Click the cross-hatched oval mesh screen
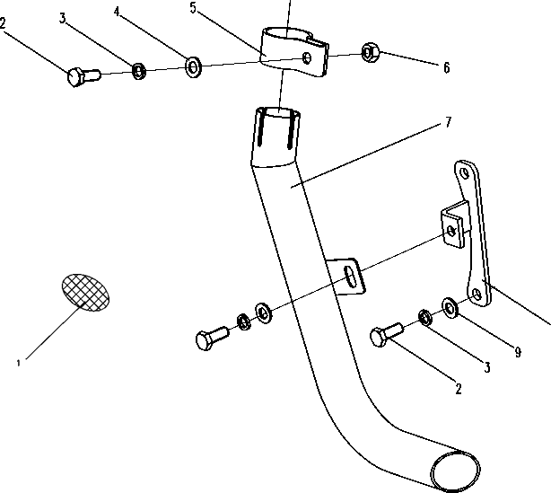[x=85, y=292]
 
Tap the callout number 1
[x=18, y=364]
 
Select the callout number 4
[x=117, y=12]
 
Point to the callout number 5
[x=193, y=8]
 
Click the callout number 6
[x=446, y=67]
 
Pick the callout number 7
[x=448, y=122]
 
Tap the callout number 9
[x=518, y=352]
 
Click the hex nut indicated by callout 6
[x=370, y=53]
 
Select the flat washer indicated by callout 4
[x=193, y=66]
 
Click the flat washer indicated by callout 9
[x=450, y=308]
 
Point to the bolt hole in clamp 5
[x=306, y=58]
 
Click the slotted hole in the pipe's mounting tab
[x=350, y=277]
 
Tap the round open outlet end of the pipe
[x=455, y=472]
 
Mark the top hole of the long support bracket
[x=465, y=173]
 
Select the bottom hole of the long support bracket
[x=477, y=294]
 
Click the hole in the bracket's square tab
[x=451, y=231]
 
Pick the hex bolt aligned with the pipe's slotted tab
[x=213, y=338]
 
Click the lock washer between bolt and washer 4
[x=139, y=71]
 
